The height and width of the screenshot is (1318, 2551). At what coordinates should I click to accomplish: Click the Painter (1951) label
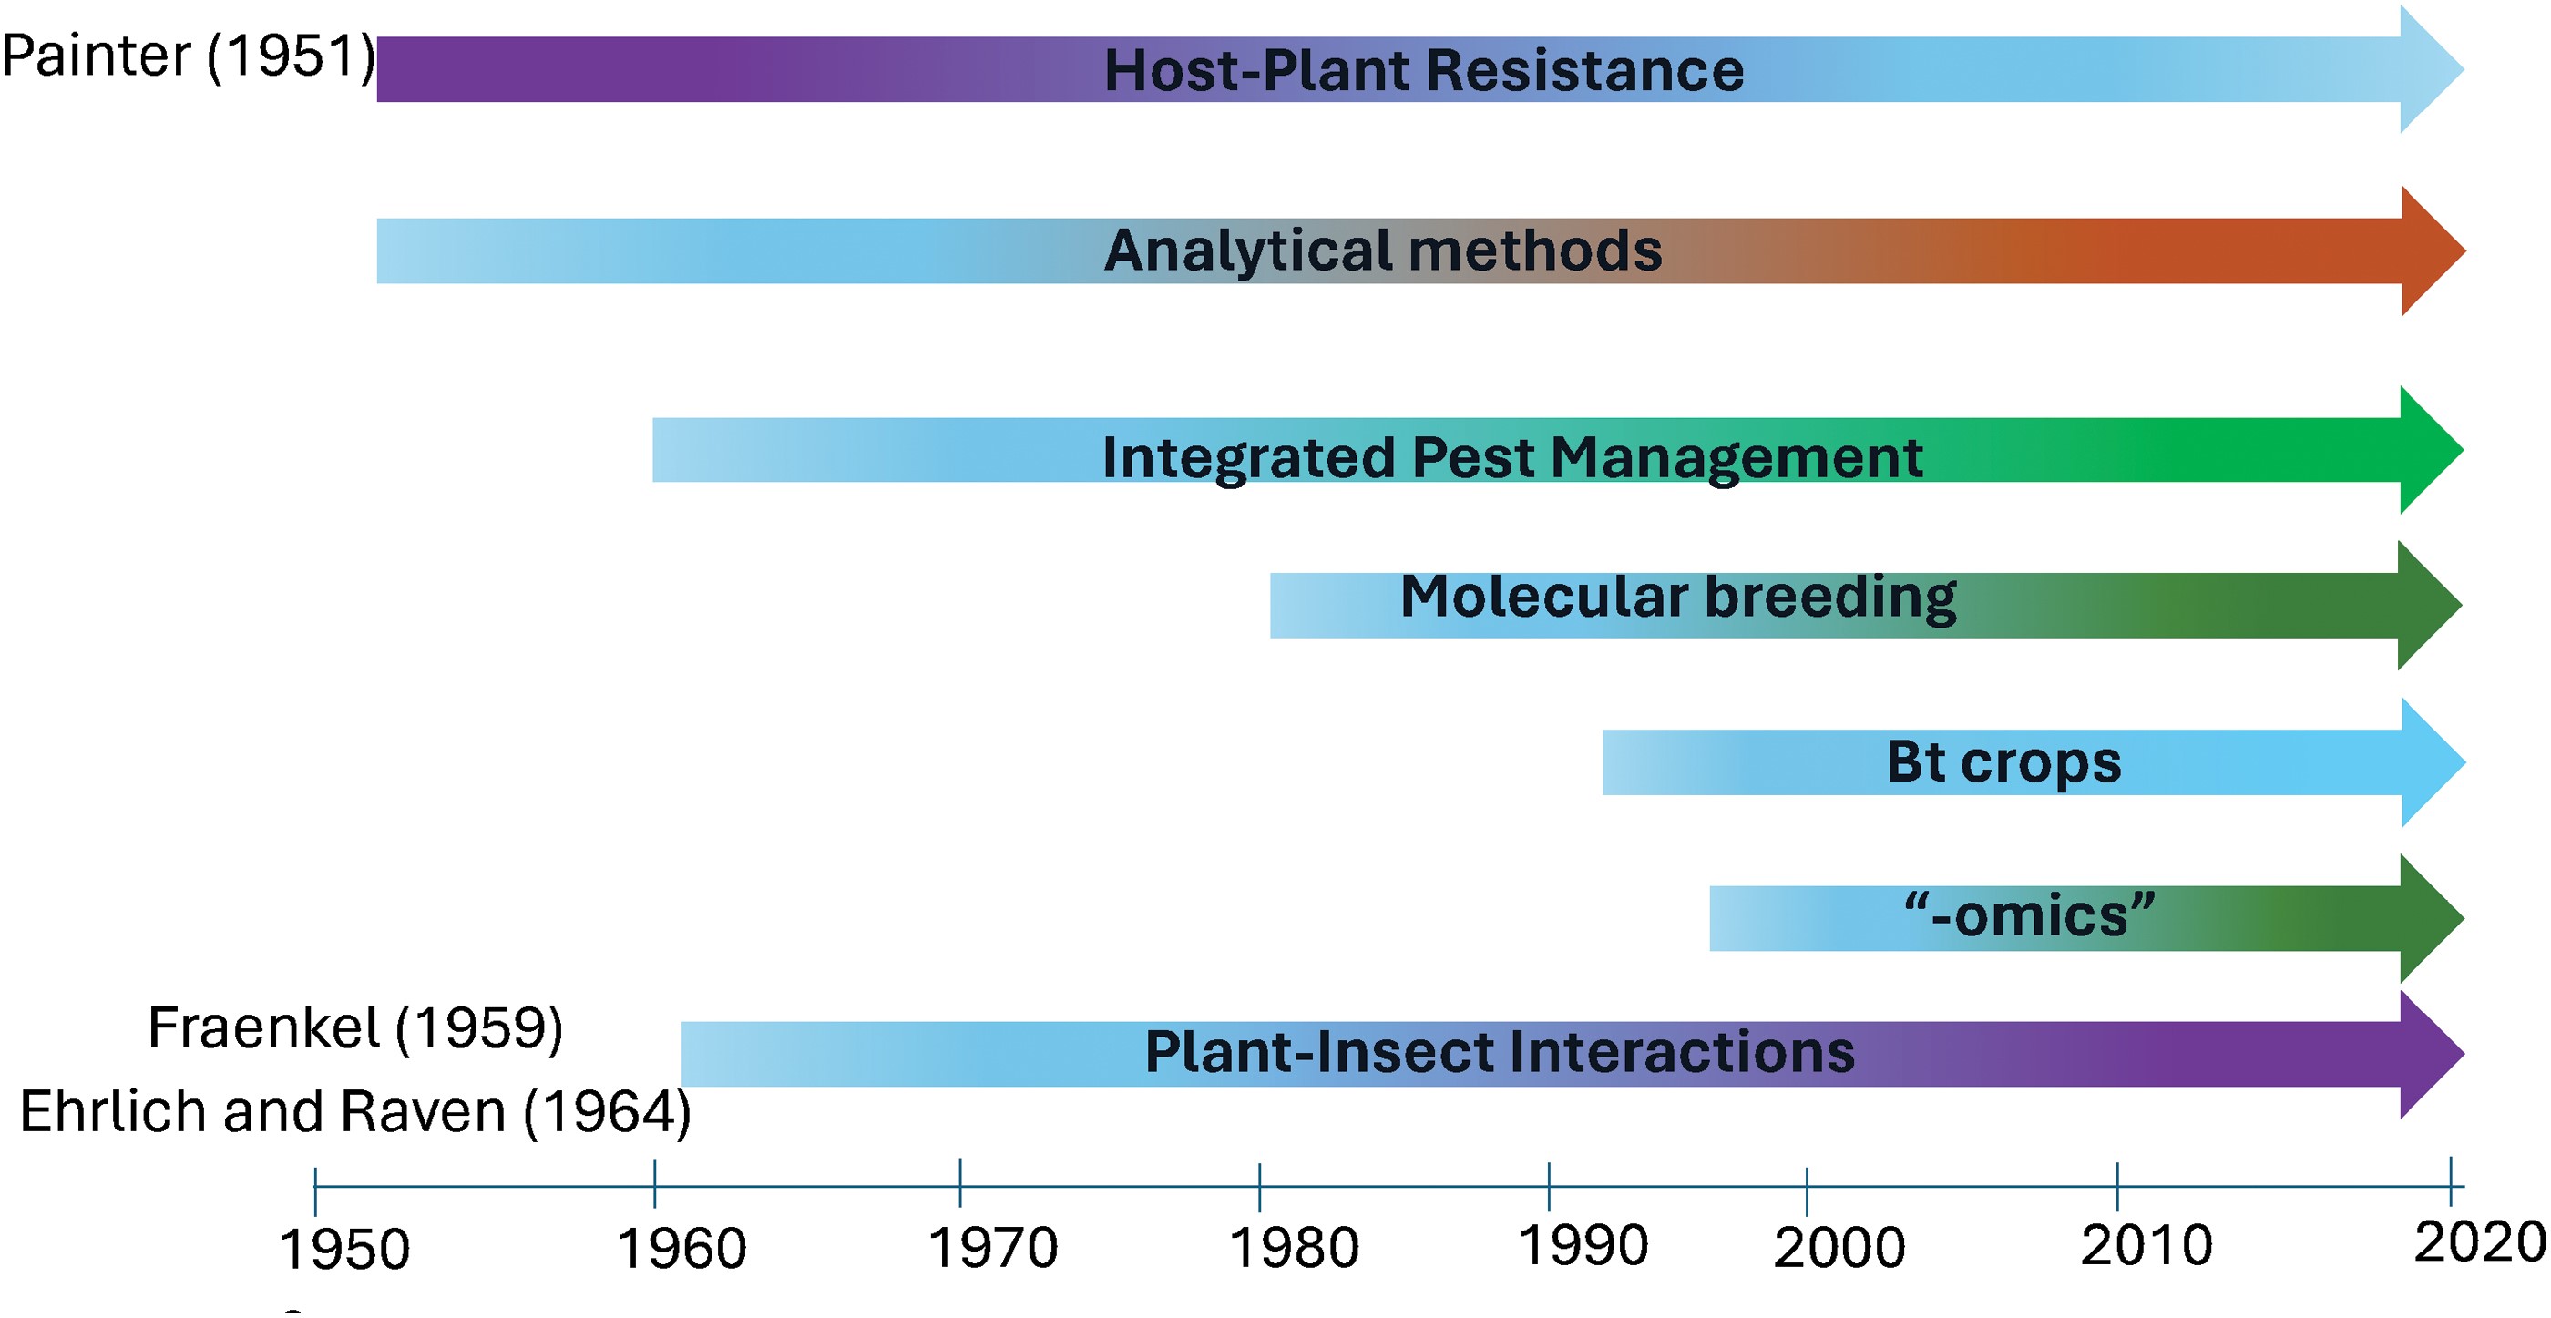pyautogui.click(x=189, y=56)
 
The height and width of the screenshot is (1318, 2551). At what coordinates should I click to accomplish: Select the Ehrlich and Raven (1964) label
pyautogui.click(x=355, y=1112)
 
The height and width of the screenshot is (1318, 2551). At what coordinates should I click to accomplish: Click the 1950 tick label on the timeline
pyautogui.click(x=344, y=1250)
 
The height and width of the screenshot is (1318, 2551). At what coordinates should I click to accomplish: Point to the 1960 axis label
pyautogui.click(x=681, y=1249)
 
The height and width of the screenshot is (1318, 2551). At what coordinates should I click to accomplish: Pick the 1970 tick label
pyautogui.click(x=992, y=1248)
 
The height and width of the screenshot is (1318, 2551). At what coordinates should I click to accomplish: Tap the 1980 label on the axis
pyautogui.click(x=1294, y=1248)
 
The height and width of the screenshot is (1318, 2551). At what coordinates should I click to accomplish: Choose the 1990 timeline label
pyautogui.click(x=1583, y=1246)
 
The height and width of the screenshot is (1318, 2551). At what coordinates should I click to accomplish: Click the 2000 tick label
pyautogui.click(x=1839, y=1248)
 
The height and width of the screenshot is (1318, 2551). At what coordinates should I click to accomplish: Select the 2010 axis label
pyautogui.click(x=2146, y=1246)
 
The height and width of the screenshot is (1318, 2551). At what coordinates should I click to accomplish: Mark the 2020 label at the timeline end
pyautogui.click(x=2480, y=1242)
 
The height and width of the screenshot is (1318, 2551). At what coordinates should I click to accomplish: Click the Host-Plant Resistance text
pyautogui.click(x=1424, y=70)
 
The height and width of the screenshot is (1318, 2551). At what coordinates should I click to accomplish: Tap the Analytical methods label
pyautogui.click(x=1383, y=250)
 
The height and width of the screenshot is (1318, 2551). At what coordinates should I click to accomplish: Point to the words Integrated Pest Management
pyautogui.click(x=1512, y=458)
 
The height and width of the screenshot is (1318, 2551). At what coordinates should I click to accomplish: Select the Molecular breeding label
pyautogui.click(x=1678, y=598)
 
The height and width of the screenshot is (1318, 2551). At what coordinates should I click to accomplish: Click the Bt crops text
pyautogui.click(x=2003, y=763)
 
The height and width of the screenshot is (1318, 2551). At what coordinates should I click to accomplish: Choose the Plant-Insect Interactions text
pyautogui.click(x=1500, y=1052)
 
